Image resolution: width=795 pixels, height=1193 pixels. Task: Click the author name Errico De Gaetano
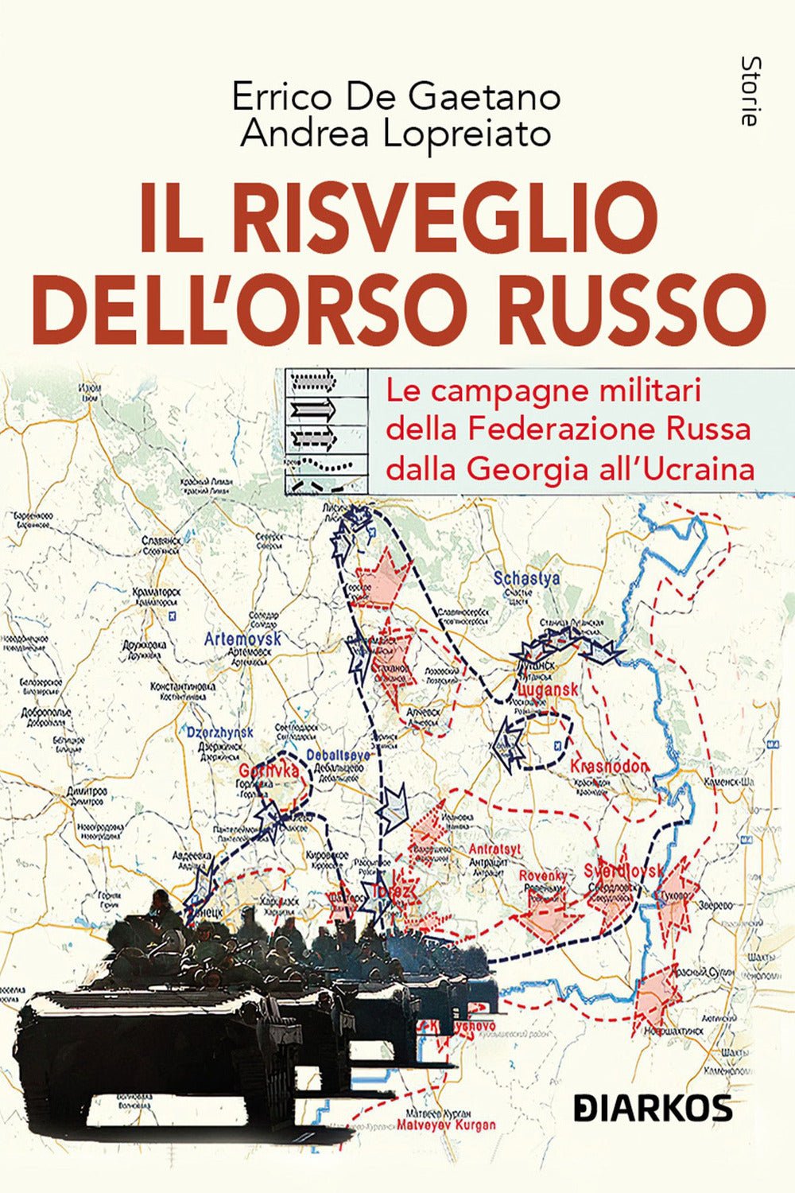396,97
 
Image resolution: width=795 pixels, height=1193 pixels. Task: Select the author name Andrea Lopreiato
396,134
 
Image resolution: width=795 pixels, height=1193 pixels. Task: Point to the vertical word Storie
747,91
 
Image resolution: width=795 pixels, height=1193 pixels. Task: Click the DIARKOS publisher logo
653,1107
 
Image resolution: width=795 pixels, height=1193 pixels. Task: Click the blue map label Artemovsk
242,639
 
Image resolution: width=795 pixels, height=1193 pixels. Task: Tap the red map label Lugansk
547,691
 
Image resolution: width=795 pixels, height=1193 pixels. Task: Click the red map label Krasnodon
609,766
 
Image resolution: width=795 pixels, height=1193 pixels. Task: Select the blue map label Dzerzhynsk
219,733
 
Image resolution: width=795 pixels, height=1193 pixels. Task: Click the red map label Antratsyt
494,849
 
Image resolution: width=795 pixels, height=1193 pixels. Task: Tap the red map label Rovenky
543,876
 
